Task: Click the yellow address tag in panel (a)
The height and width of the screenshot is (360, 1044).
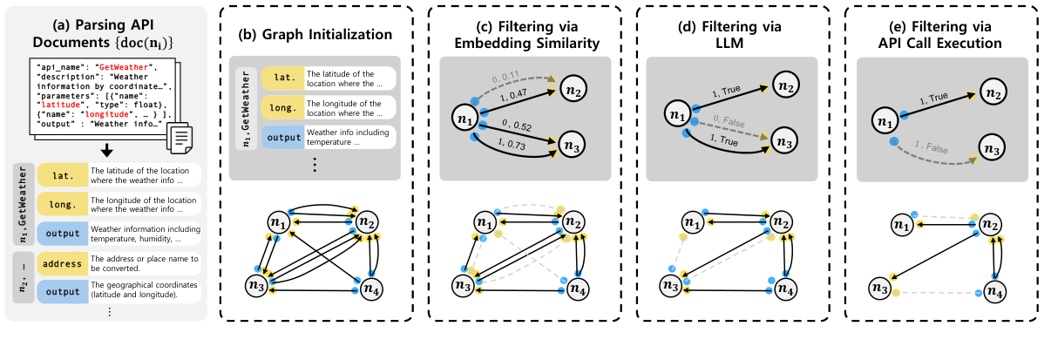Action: point(60,264)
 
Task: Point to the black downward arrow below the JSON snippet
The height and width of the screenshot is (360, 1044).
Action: point(107,151)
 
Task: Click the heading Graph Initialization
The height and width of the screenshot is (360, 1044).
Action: point(315,37)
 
